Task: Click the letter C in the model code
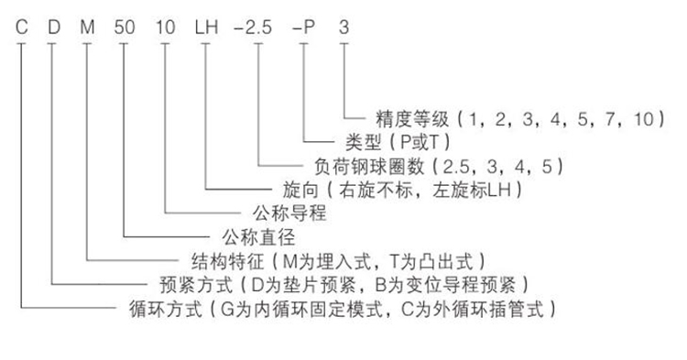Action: click(20, 24)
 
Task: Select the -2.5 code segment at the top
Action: click(256, 24)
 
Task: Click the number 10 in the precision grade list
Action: click(641, 118)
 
